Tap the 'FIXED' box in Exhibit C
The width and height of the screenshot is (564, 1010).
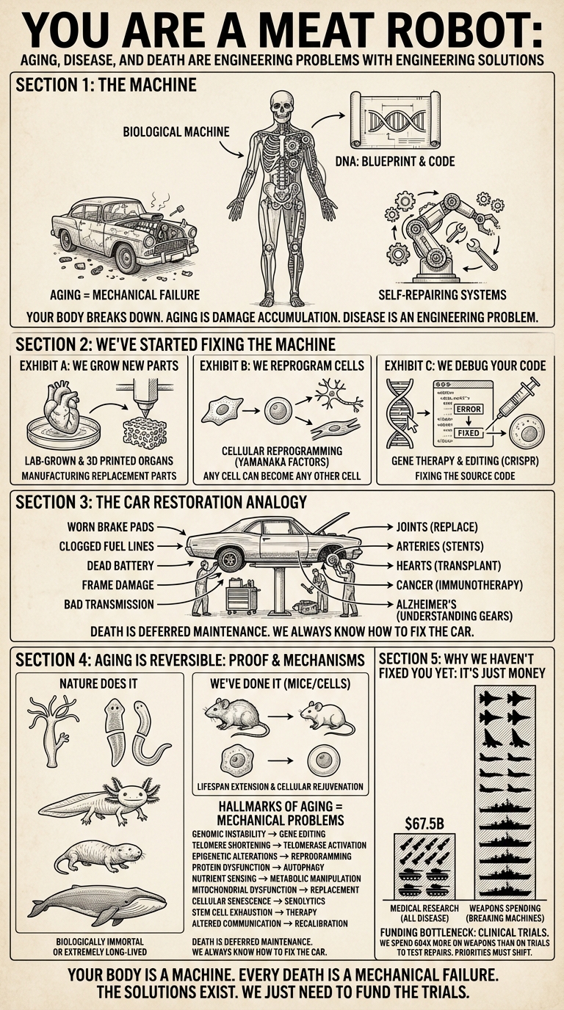468,434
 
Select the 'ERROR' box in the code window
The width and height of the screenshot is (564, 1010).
468,408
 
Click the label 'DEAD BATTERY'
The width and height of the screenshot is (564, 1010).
107,566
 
